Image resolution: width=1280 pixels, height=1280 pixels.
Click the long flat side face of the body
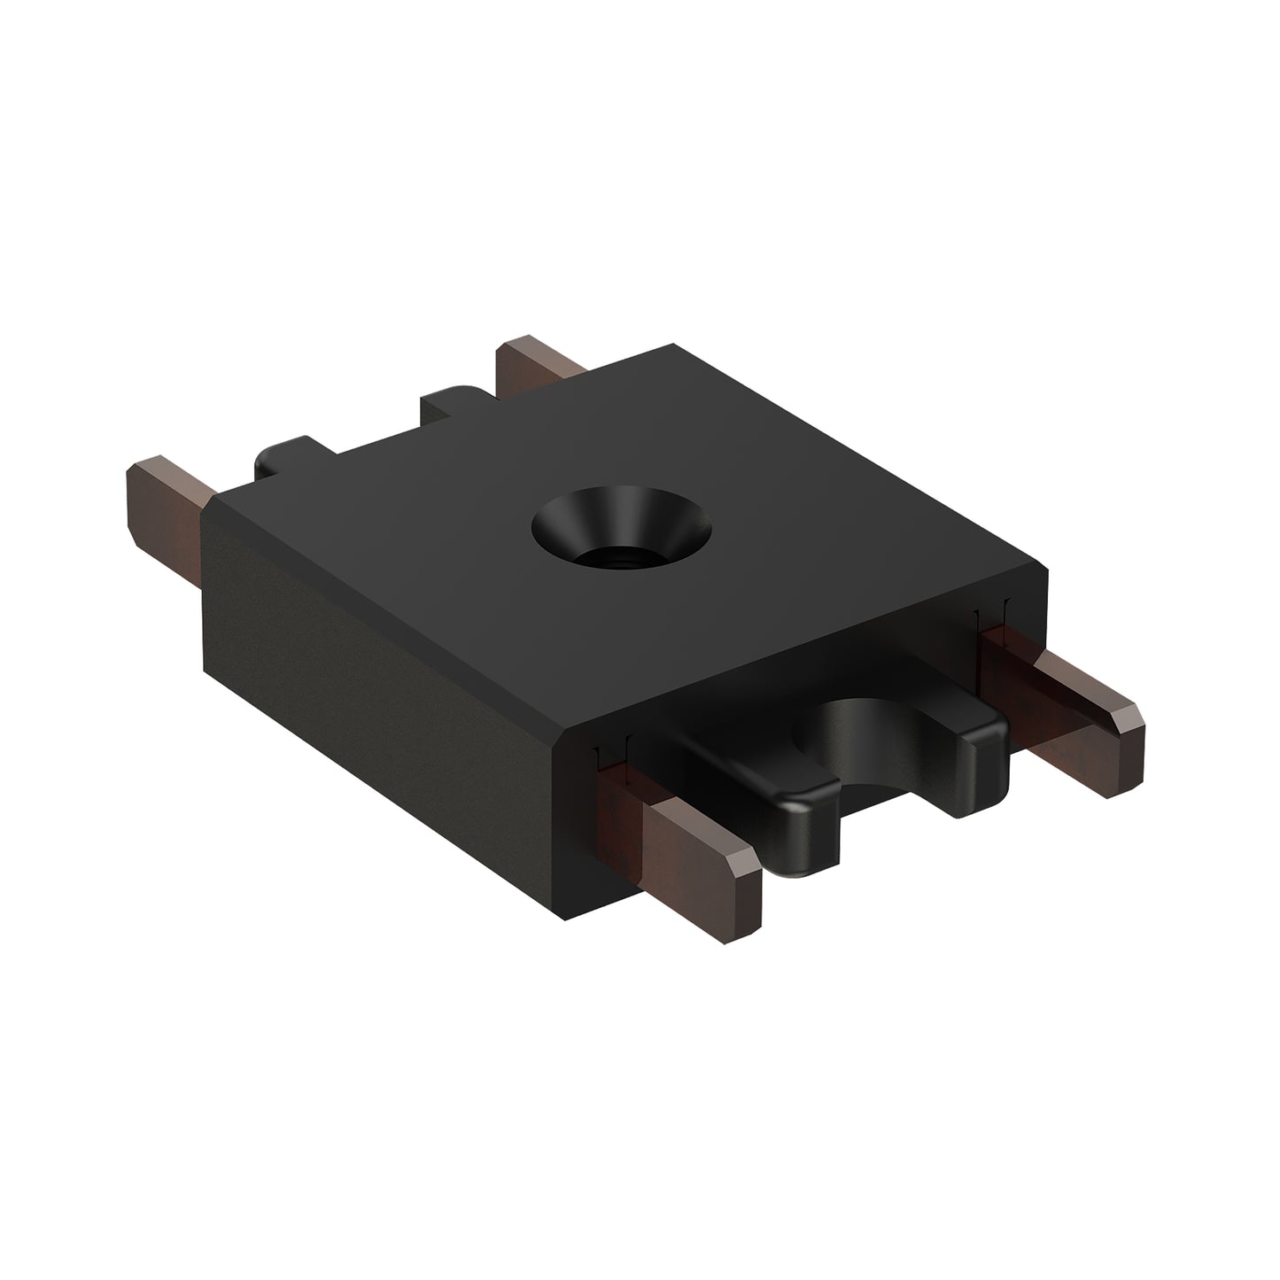pyautogui.click(x=372, y=647)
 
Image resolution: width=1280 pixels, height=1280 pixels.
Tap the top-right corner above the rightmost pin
pyautogui.click(x=1046, y=576)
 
